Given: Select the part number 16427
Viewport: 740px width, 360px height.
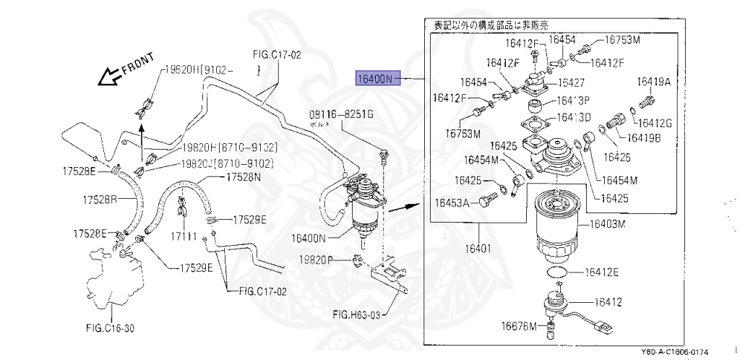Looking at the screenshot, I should (571, 83).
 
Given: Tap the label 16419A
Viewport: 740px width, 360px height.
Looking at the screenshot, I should (654, 82).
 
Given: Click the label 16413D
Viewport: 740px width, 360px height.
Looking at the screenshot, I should (575, 117).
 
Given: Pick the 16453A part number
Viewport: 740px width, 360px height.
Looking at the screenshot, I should (452, 203).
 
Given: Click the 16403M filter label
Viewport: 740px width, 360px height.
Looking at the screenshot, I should (606, 224).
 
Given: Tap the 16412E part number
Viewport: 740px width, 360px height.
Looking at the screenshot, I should (601, 273).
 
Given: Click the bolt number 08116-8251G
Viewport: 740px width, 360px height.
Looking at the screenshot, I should (342, 115).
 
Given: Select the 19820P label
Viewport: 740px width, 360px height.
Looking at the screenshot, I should (318, 260).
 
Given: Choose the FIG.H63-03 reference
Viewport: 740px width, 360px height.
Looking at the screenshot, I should (356, 314).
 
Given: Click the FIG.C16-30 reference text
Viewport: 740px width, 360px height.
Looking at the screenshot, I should (110, 327).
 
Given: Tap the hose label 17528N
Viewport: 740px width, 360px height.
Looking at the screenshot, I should (244, 176).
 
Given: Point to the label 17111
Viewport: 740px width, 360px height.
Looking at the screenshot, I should (178, 236).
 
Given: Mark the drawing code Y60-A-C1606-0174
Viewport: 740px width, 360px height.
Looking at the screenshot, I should (674, 352).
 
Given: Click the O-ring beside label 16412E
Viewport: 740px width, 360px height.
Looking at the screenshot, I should (554, 273).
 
